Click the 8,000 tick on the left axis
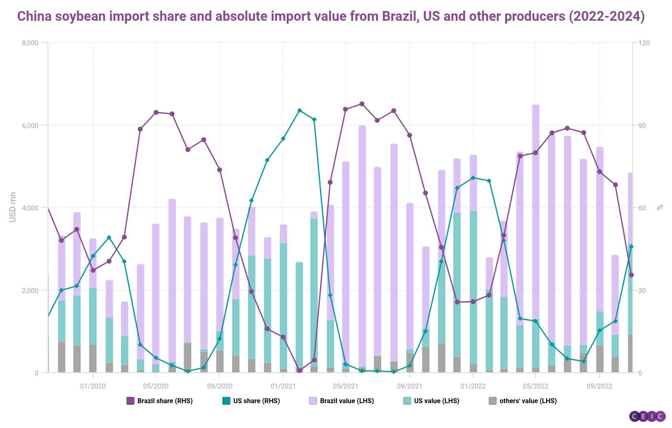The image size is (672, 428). pyautogui.click(x=30, y=43)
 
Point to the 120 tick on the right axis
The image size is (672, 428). pyautogui.click(x=644, y=43)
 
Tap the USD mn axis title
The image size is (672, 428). pyautogui.click(x=13, y=207)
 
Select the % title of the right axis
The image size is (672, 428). pyautogui.click(x=660, y=207)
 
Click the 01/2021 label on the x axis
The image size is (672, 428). pyautogui.click(x=283, y=386)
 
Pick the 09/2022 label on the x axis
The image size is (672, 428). pyautogui.click(x=599, y=386)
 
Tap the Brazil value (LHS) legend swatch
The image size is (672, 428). pyautogui.click(x=313, y=401)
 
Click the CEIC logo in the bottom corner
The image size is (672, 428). pyautogui.click(x=647, y=416)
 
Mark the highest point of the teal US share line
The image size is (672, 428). pyautogui.click(x=299, y=110)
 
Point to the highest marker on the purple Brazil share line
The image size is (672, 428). pyautogui.click(x=362, y=104)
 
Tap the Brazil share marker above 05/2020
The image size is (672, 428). pyautogui.click(x=156, y=113)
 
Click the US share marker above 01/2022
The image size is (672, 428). pyautogui.click(x=473, y=178)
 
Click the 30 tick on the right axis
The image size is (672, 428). pyautogui.click(x=642, y=291)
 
